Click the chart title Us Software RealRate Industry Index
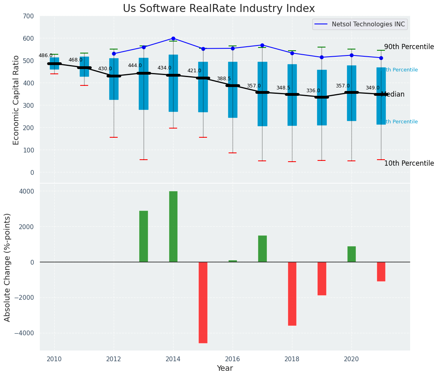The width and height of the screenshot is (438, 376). (x=219, y=9)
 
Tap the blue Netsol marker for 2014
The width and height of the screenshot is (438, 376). (x=173, y=39)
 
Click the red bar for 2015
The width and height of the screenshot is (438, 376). (x=203, y=302)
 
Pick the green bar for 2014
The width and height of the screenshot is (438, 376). (x=173, y=226)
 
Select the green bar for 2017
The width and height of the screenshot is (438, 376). (x=262, y=249)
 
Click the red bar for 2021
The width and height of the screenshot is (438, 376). (x=381, y=271)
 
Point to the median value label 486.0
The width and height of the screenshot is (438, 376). (x=45, y=55)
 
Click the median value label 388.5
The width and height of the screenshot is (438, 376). (x=224, y=79)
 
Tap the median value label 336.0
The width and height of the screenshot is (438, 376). (x=313, y=91)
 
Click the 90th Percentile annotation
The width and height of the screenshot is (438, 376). (x=409, y=47)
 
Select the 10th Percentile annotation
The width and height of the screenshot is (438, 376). (x=409, y=163)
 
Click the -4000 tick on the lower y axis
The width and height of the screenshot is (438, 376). (x=26, y=333)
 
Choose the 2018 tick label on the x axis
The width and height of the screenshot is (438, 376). (x=292, y=359)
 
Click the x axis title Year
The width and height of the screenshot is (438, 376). (x=225, y=368)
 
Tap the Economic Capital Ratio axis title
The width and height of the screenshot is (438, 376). (x=16, y=100)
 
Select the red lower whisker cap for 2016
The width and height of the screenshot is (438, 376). (x=233, y=153)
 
